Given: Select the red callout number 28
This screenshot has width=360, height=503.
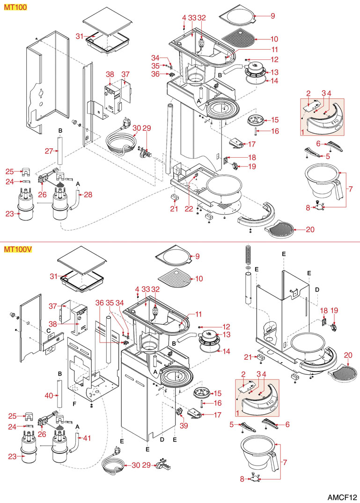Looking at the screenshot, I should pos(88,194).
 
